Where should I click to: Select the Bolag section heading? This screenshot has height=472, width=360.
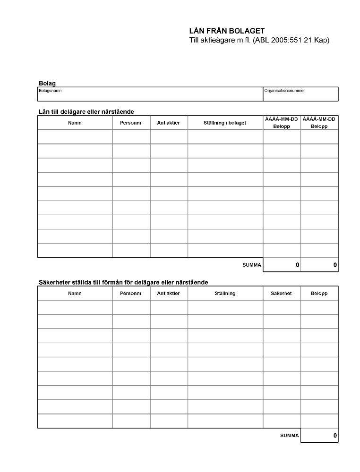coord(47,83)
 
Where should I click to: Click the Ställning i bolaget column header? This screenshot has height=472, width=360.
coord(225,123)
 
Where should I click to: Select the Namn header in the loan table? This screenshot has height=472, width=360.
coord(75,123)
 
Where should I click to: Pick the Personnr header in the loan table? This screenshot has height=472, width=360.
coord(131,123)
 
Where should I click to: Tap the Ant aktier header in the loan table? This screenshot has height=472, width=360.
coord(168,123)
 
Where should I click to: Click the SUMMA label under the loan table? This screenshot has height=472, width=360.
coord(252,265)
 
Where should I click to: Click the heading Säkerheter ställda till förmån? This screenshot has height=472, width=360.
coord(123,282)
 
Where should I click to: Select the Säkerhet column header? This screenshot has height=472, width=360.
coord(281,294)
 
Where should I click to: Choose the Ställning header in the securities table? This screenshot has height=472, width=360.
coord(225,294)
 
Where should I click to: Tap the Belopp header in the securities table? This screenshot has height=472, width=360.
coord(319,294)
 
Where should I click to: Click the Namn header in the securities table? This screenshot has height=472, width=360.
coord(75,294)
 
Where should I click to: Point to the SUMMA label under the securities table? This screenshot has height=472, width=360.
coord(289,436)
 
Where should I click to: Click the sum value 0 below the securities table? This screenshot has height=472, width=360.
coord(334,436)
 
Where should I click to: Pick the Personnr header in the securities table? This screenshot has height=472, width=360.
coord(131,294)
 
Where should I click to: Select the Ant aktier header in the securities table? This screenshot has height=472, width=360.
coord(168,294)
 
